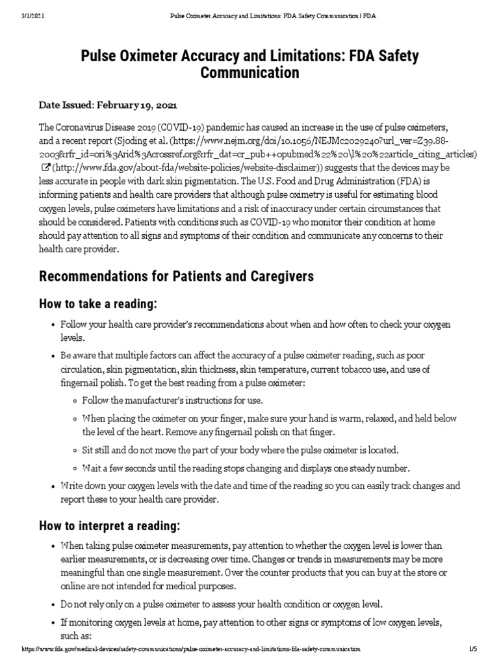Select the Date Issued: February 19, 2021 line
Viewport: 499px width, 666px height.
click(x=108, y=105)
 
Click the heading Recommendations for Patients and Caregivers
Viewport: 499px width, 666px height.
click(x=176, y=276)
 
